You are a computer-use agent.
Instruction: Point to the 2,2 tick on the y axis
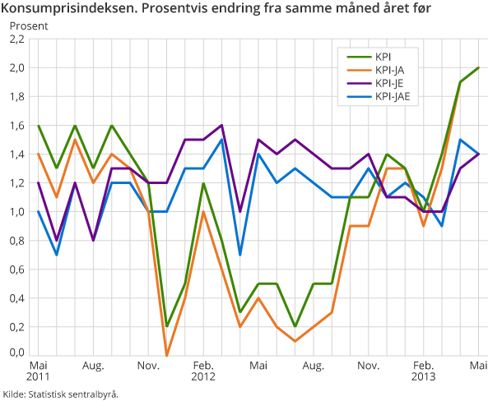[16, 39]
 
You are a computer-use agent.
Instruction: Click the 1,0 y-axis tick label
[16, 212]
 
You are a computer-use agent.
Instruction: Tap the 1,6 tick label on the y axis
[16, 126]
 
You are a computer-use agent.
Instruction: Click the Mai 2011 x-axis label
[38, 370]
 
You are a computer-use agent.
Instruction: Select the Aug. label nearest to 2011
[92, 364]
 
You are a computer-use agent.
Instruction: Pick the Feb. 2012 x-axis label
[203, 370]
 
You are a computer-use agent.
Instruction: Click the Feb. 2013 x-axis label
[424, 370]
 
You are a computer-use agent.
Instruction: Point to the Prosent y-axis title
[29, 25]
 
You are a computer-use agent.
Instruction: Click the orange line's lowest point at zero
[167, 355]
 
